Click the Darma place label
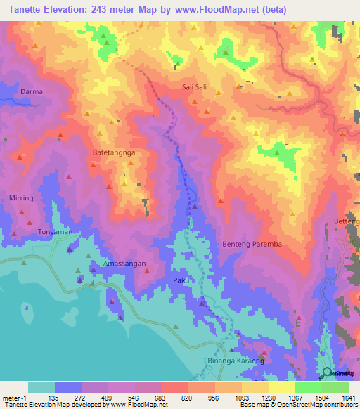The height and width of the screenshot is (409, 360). click(31, 92)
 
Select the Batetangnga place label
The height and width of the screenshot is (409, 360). click(114, 151)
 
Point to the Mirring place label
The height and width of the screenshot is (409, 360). click(21, 198)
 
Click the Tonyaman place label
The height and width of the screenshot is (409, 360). click(55, 231)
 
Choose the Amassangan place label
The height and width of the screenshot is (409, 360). click(124, 262)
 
